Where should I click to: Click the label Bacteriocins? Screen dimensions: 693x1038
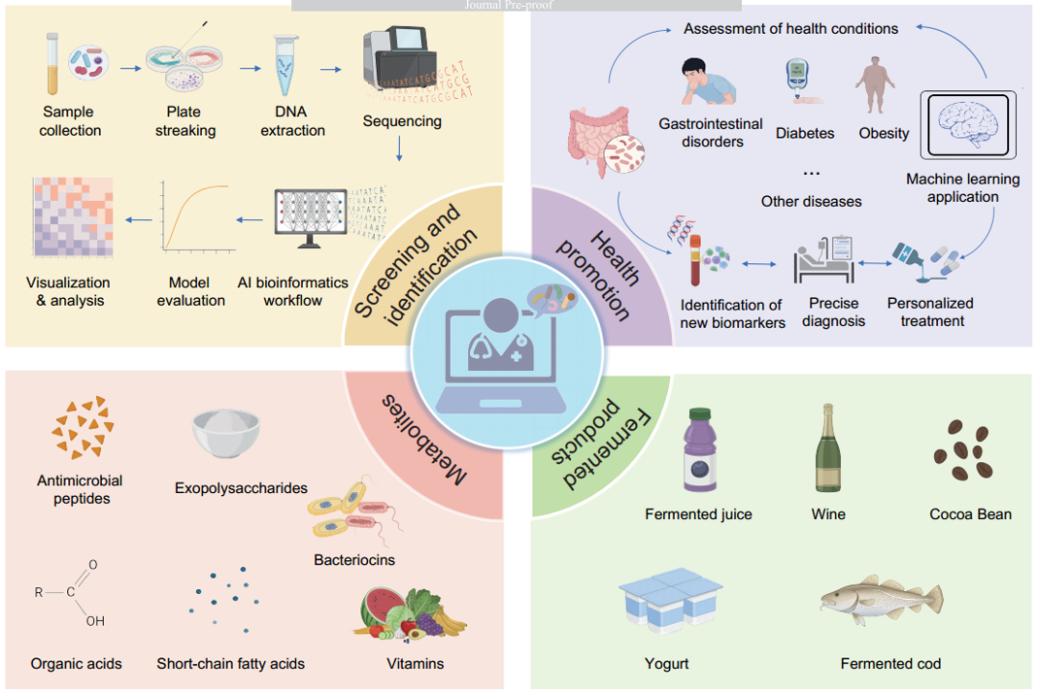(x=354, y=559)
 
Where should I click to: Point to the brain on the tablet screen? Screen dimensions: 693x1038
(x=963, y=125)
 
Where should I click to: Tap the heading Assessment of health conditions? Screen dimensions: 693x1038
(x=790, y=29)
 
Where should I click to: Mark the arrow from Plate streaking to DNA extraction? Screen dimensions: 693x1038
(x=252, y=68)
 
